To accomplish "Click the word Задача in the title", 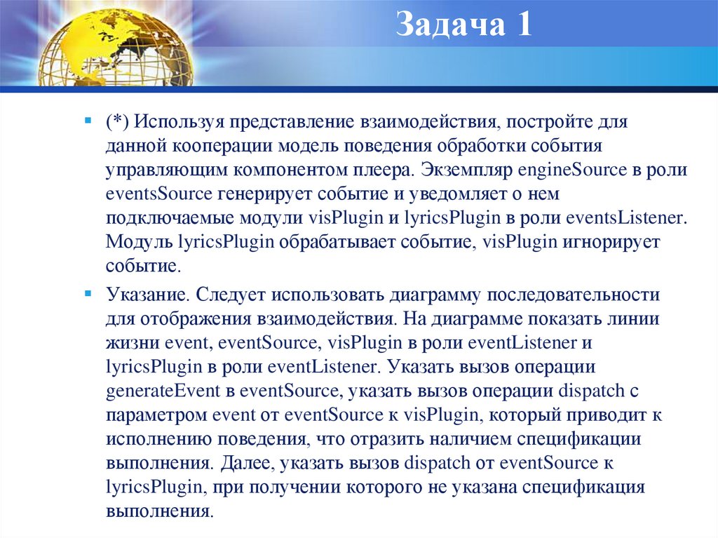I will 448,26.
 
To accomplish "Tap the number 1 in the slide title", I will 523,26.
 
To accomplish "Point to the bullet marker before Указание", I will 87,291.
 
